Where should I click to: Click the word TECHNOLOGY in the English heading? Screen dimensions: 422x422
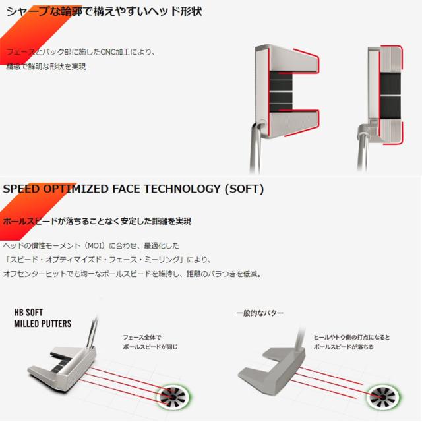tap(176, 189)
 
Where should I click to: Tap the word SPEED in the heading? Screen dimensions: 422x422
tap(24, 189)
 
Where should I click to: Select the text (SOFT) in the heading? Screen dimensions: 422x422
tap(244, 189)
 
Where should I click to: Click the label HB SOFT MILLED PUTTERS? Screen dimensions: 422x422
tap(42, 318)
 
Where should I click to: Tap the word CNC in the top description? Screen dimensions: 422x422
tap(98, 51)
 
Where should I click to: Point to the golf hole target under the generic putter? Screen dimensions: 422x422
tap(384, 398)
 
